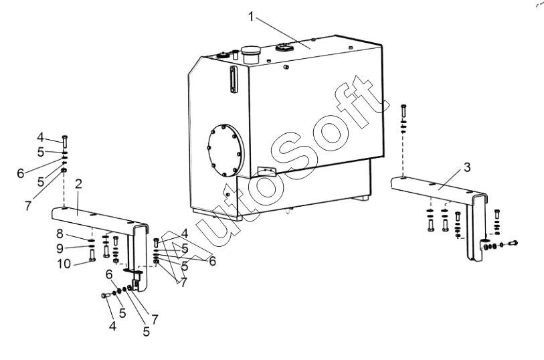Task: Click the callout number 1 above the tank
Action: tap(252, 17)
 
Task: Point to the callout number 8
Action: tap(60, 234)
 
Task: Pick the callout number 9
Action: tap(60, 247)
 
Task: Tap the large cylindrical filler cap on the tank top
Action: tap(252, 54)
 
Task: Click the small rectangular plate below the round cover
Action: tap(266, 172)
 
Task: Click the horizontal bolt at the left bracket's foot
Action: tap(105, 295)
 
